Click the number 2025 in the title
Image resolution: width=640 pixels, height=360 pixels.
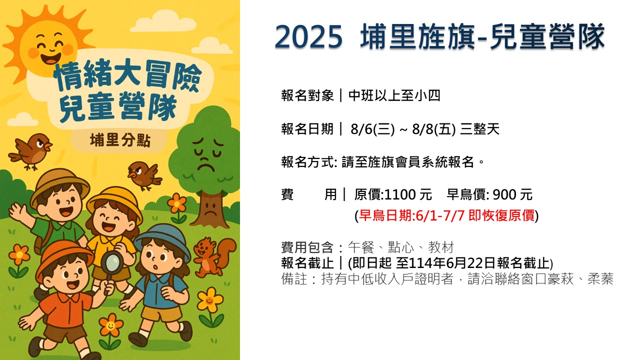[x=308, y=37]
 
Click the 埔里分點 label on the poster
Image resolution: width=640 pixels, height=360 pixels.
[x=120, y=140]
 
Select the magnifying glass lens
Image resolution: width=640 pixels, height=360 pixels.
[x=112, y=261]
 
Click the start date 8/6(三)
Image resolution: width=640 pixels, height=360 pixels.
[x=372, y=129]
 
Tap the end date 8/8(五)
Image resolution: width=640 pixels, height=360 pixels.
[x=433, y=129]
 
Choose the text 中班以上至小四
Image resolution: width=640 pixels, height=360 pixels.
[x=394, y=95]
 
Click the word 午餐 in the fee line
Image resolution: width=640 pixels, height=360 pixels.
[x=361, y=247]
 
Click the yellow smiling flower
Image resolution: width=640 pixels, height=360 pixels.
[x=210, y=300]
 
